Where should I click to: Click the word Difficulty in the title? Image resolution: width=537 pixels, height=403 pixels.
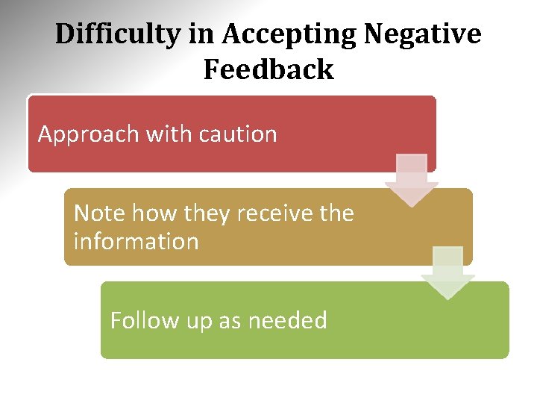(116, 34)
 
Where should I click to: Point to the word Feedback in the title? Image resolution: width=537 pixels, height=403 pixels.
(268, 69)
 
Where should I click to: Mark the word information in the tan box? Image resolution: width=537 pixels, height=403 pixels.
(136, 242)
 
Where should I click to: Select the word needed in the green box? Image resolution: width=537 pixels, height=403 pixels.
(287, 320)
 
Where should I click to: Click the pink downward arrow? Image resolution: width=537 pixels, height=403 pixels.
(412, 179)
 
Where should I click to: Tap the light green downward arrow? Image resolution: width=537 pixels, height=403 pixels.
(447, 272)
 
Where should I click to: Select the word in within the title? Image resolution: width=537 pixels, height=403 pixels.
(201, 34)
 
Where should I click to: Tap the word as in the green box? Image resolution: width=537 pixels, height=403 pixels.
(230, 322)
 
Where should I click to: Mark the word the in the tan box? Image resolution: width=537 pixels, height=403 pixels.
(336, 213)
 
